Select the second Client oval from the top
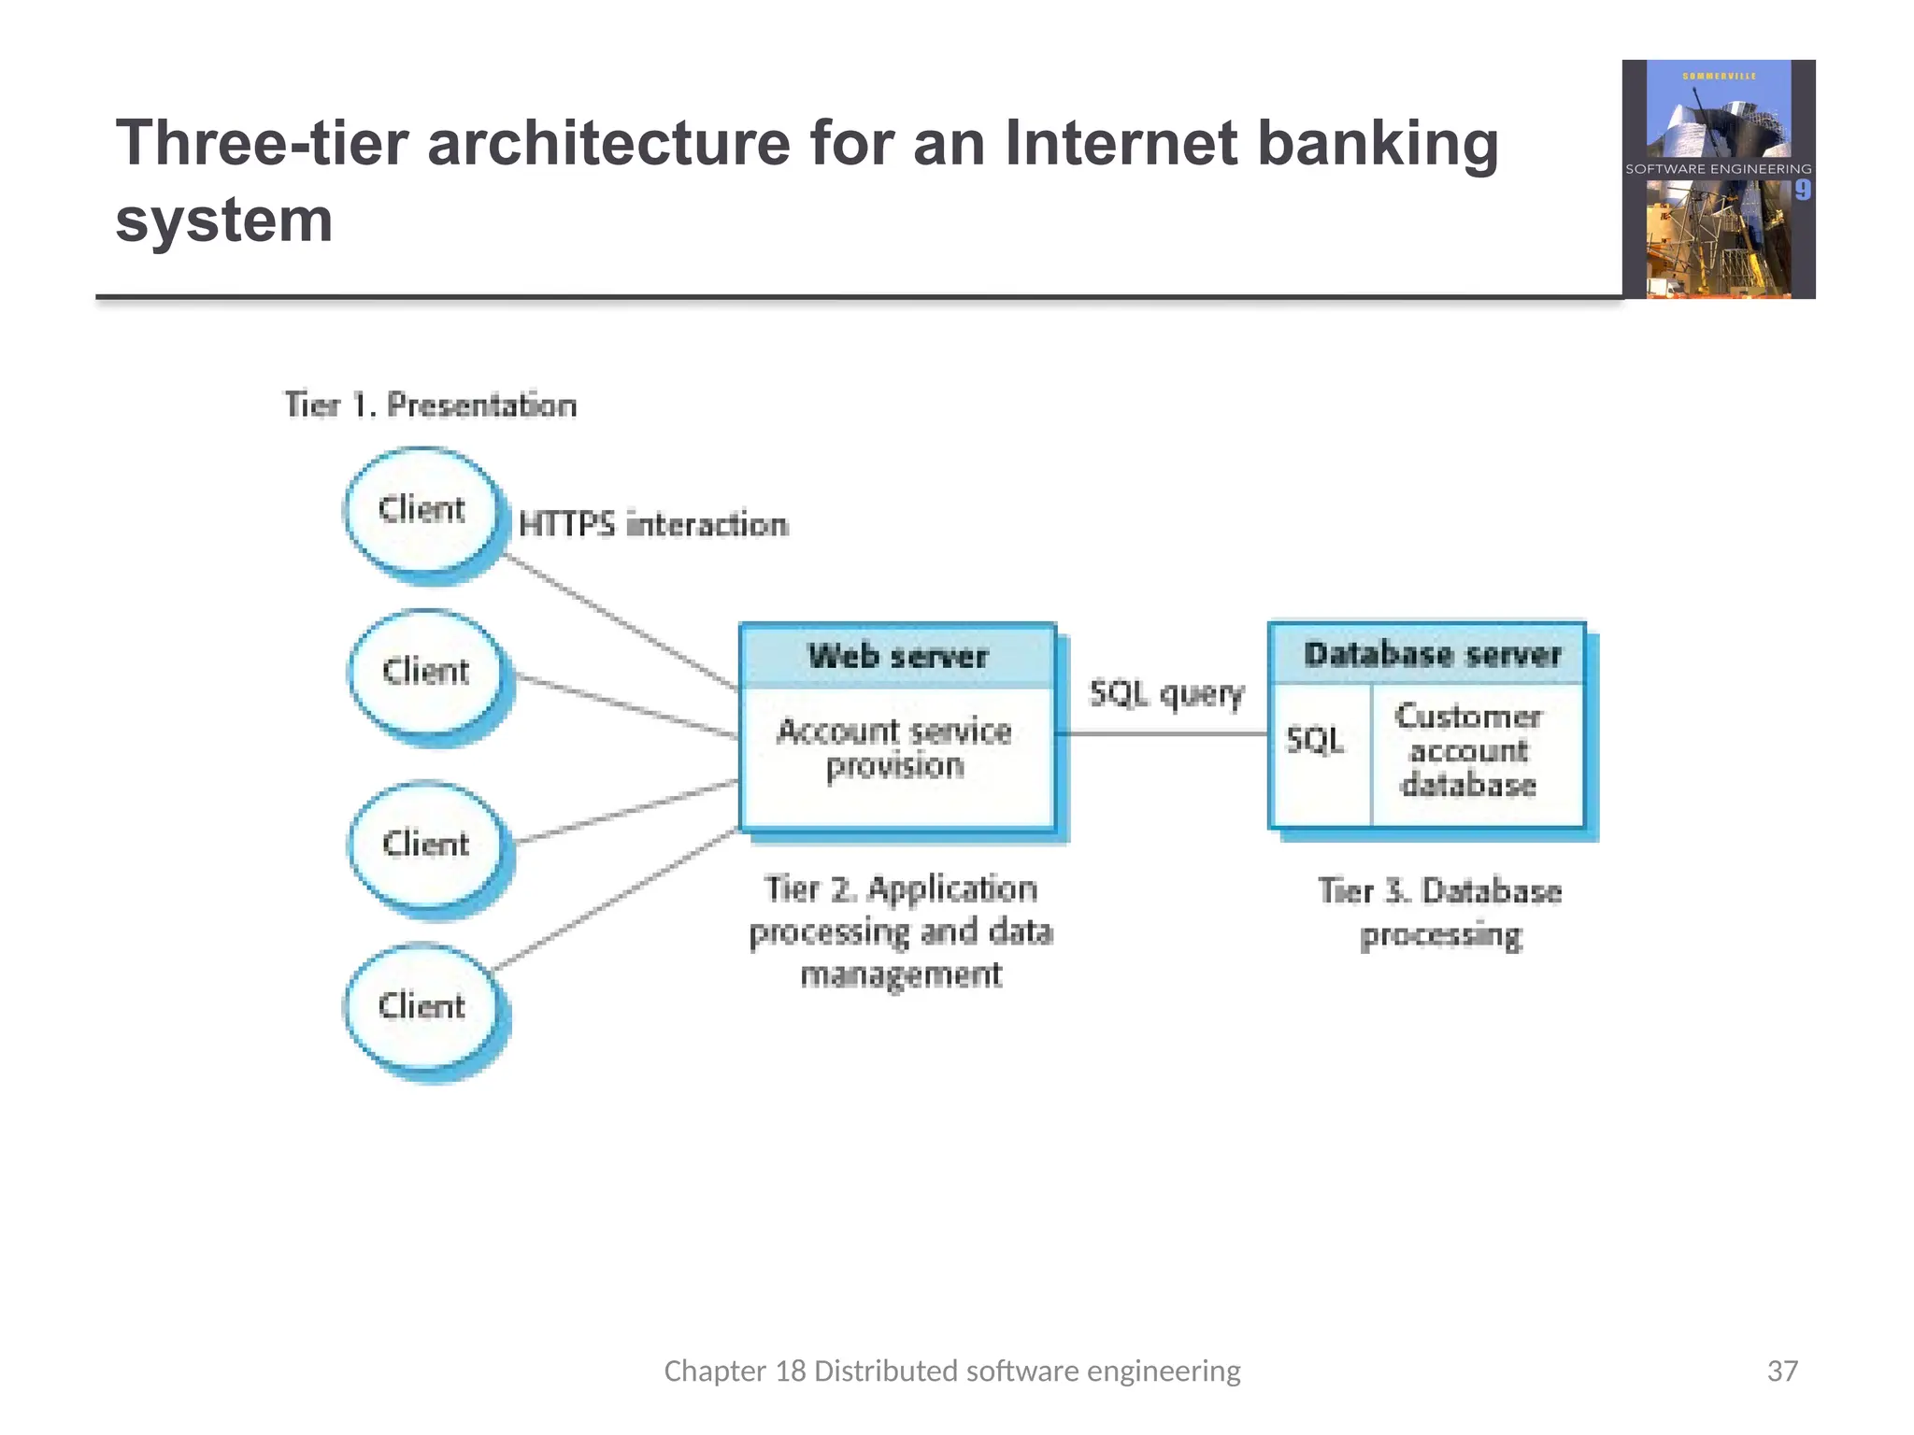point(426,673)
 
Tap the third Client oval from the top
point(426,845)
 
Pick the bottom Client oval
point(422,1007)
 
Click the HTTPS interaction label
point(653,525)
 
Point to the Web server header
point(898,657)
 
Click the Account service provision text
point(894,748)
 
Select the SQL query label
point(1166,694)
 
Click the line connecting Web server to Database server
point(1164,734)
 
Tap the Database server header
point(1432,654)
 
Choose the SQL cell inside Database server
point(1315,741)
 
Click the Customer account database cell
point(1467,751)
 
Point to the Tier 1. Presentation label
point(431,405)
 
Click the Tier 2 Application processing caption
point(901,931)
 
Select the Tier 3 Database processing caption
point(1440,913)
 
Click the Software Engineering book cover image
point(1718,179)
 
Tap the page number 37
point(1782,1371)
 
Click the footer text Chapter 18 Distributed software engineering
point(951,1371)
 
